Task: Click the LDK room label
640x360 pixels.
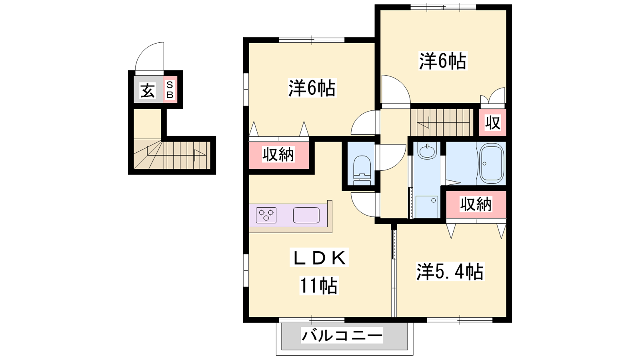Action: point(319,258)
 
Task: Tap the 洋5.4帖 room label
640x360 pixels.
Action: point(450,272)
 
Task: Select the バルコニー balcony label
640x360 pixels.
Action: point(342,336)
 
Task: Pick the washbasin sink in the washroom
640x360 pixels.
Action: point(427,150)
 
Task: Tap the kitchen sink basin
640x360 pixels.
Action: point(306,215)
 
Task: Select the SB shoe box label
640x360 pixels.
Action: point(170,90)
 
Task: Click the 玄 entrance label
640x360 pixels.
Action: point(148,90)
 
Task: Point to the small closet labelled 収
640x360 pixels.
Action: point(493,122)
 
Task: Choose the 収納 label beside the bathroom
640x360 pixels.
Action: point(476,204)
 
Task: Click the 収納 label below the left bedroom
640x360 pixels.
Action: point(278,155)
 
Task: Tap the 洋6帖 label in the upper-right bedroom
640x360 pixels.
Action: point(442,60)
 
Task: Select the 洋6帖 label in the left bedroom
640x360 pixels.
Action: point(312,88)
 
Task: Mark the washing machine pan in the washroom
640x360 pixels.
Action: point(426,207)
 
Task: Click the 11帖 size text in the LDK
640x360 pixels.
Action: point(318,286)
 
